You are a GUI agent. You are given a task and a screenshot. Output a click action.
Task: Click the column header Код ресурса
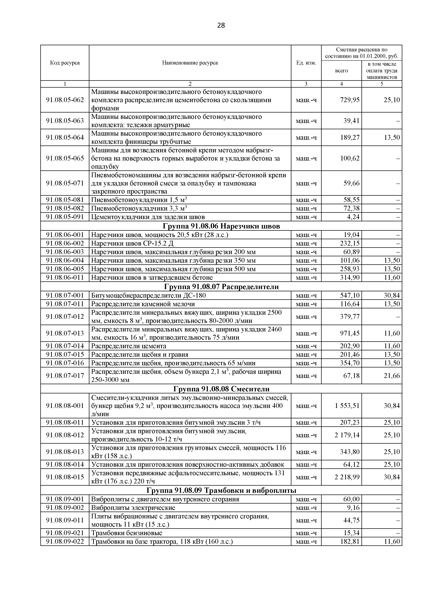pyautogui.click(x=65, y=63)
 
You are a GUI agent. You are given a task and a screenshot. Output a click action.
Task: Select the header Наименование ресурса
pyautogui.click(x=190, y=63)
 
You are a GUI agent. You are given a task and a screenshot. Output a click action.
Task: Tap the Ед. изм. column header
pyautogui.click(x=306, y=63)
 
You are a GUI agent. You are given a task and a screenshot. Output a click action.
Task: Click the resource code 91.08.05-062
pyautogui.click(x=65, y=100)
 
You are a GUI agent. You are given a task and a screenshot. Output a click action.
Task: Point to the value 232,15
pyautogui.click(x=350, y=243)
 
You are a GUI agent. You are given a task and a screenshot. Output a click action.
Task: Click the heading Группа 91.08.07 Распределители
pyautogui.click(x=221, y=287)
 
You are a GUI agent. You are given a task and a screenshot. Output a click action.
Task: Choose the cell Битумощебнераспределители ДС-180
pyautogui.click(x=148, y=295)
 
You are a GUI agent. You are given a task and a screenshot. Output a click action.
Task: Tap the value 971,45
pyautogui.click(x=350, y=333)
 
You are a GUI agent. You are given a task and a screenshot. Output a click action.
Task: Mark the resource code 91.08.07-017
pyautogui.click(x=65, y=375)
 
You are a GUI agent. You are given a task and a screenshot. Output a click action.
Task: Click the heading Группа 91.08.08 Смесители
pyautogui.click(x=221, y=389)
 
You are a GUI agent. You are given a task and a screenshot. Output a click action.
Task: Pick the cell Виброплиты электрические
pyautogui.click(x=133, y=508)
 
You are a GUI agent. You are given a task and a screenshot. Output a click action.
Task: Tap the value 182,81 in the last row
pyautogui.click(x=350, y=542)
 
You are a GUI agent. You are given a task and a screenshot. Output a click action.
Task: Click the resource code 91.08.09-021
pyautogui.click(x=65, y=533)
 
